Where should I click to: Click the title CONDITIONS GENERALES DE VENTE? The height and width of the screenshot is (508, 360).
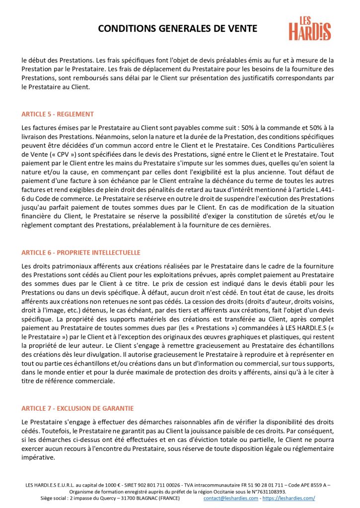tap(178, 29)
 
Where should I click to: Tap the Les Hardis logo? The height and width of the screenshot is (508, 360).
tap(310, 28)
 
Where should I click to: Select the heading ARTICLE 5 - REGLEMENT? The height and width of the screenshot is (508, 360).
tap(58, 114)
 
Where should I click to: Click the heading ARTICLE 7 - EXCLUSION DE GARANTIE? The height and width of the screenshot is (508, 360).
tap(77, 408)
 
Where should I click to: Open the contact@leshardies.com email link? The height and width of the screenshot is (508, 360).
tap(230, 498)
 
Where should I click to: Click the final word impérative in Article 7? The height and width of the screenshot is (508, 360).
tap(38, 457)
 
